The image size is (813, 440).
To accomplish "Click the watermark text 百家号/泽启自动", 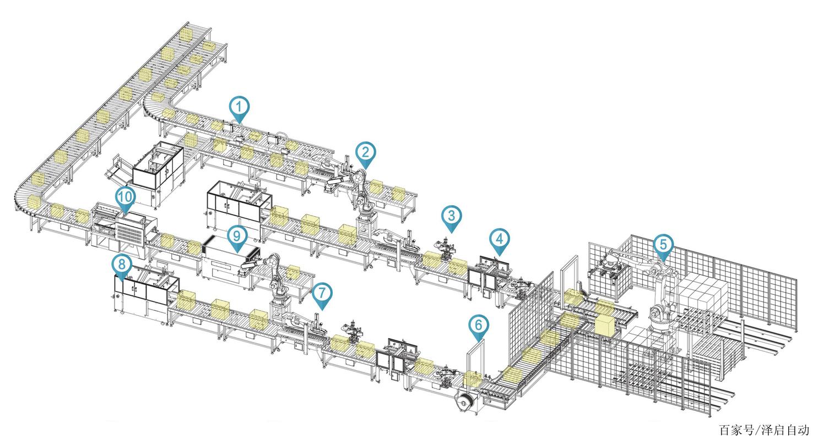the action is (x=765, y=430).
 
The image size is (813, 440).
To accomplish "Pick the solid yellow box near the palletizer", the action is (x=605, y=324).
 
